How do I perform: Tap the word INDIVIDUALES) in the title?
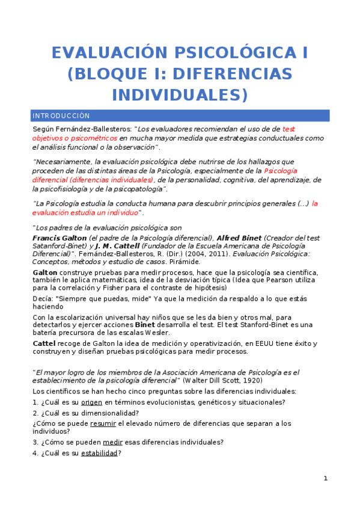click(x=180, y=95)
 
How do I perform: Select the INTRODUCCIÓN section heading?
click(x=61, y=115)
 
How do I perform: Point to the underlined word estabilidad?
click(x=100, y=453)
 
